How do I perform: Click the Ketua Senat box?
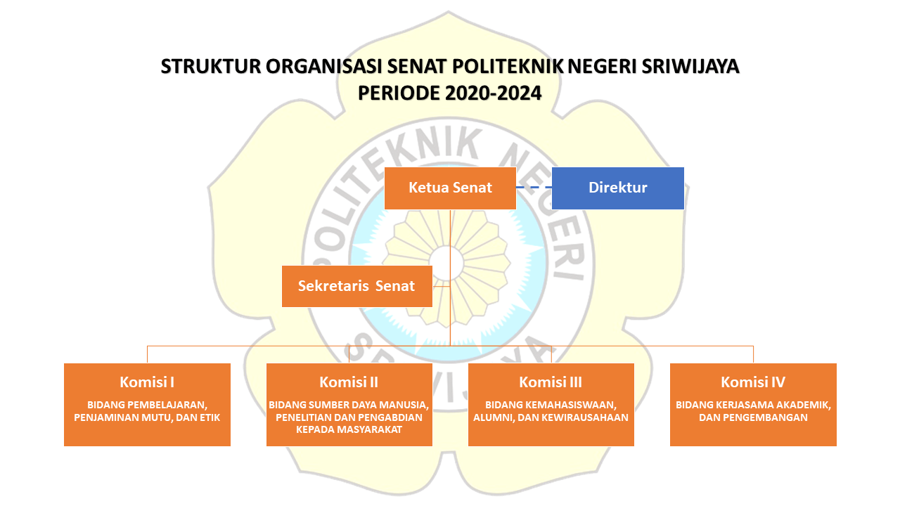pyautogui.click(x=450, y=188)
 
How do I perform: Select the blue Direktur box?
pyautogui.click(x=617, y=188)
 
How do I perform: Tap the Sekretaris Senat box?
pyautogui.click(x=356, y=286)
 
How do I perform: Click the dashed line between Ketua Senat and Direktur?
pyautogui.click(x=534, y=187)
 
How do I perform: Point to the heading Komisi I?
pyautogui.click(x=147, y=382)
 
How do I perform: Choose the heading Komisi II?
pyautogui.click(x=349, y=382)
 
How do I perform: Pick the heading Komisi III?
pyautogui.click(x=551, y=382)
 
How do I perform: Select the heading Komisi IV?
pyautogui.click(x=753, y=382)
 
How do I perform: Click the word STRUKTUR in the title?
pyautogui.click(x=211, y=66)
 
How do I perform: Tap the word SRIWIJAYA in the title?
pyautogui.click(x=690, y=66)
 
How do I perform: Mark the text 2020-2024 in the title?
pyautogui.click(x=494, y=93)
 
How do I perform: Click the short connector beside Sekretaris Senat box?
pyautogui.click(x=441, y=286)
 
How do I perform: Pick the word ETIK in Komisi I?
pyautogui.click(x=210, y=417)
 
